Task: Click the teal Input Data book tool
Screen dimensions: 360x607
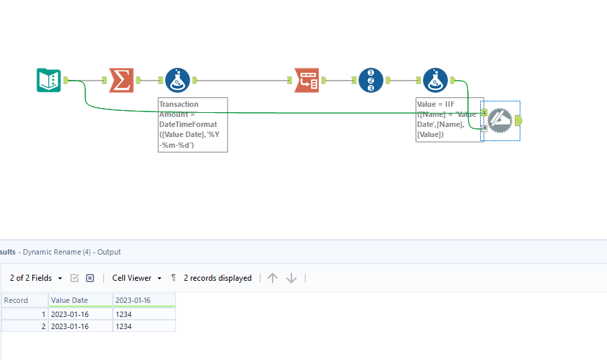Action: tap(48, 81)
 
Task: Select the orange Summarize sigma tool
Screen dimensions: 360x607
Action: tap(121, 81)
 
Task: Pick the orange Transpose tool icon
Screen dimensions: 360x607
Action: tap(306, 81)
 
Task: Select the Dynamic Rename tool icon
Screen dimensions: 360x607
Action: tap(500, 120)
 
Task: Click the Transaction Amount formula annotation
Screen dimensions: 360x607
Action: tap(193, 125)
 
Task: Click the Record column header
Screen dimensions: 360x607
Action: tap(16, 300)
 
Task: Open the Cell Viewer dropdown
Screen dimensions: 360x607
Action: tap(137, 278)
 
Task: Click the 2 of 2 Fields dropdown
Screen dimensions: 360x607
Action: tap(36, 278)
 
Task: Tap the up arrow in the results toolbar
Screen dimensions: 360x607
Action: tap(273, 278)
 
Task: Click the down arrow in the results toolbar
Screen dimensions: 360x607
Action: tap(291, 278)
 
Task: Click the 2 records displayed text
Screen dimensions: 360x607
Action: tap(218, 278)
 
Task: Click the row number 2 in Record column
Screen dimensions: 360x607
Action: tap(43, 326)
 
